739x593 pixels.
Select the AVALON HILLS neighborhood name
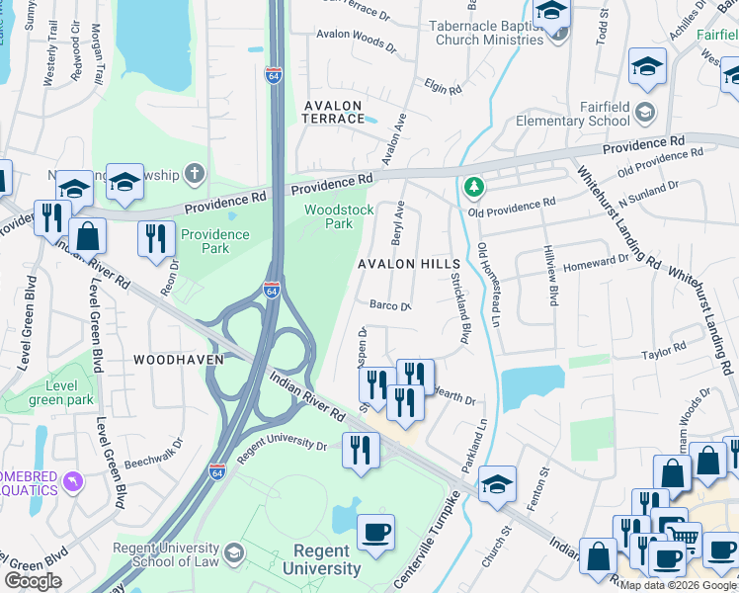409,265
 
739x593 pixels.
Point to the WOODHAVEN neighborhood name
179,360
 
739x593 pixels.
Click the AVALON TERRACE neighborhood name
334,111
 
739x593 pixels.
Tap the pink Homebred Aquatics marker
71,481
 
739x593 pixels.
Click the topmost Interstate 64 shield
274,75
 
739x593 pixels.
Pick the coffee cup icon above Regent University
375,532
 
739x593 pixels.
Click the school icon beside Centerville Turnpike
498,482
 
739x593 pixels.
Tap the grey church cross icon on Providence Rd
195,174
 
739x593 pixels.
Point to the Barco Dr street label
389,305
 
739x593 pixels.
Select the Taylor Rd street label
663,353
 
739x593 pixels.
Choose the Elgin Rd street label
442,88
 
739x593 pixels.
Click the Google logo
33,581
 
